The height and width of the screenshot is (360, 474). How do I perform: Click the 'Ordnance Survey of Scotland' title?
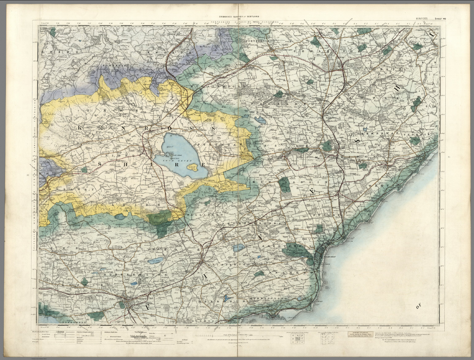239,16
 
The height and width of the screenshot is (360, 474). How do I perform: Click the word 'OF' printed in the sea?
418,307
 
